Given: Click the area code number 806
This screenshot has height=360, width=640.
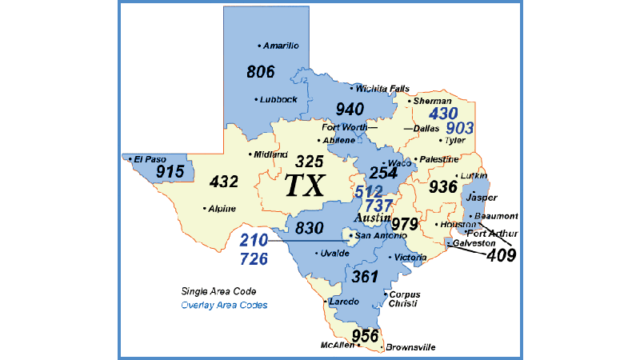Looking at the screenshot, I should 261,72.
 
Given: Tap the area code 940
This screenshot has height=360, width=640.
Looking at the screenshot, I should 350,110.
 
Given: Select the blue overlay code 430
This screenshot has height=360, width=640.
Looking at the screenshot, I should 443,114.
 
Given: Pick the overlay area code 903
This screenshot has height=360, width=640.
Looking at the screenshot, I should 460,128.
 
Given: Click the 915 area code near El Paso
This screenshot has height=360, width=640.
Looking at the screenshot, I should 170,172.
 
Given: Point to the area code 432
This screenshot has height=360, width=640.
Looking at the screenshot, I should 223,182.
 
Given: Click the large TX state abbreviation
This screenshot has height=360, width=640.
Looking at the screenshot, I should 304,186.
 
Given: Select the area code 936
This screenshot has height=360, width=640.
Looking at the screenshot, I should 443,187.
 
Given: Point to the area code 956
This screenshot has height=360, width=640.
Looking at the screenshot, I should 365,335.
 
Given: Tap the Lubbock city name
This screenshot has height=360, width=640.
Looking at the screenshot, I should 279,99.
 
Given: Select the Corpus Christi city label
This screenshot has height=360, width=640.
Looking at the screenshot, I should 405,299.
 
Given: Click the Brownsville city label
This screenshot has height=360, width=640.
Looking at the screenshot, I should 412,348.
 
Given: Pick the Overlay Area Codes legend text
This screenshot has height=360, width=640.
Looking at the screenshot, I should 224,306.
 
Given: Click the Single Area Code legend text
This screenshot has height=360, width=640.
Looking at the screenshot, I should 218,292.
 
